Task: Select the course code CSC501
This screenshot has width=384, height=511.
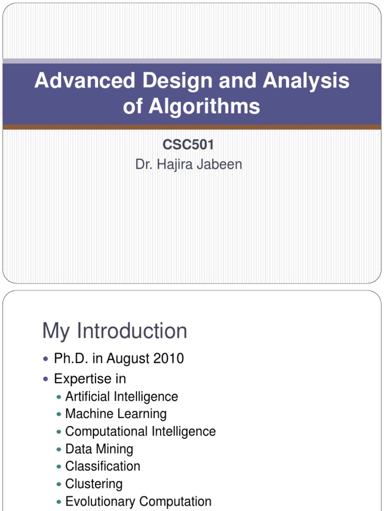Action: (189, 145)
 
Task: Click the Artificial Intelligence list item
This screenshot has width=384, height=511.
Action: (121, 397)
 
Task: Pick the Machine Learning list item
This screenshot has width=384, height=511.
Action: (116, 414)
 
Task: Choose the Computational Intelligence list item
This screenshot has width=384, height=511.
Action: (140, 431)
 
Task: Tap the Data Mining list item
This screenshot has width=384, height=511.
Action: (99, 449)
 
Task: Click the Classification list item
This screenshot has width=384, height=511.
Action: (102, 466)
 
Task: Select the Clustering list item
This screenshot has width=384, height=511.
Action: (94, 484)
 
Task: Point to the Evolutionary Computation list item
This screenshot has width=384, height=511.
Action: (138, 501)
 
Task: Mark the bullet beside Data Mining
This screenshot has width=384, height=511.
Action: (59, 449)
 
